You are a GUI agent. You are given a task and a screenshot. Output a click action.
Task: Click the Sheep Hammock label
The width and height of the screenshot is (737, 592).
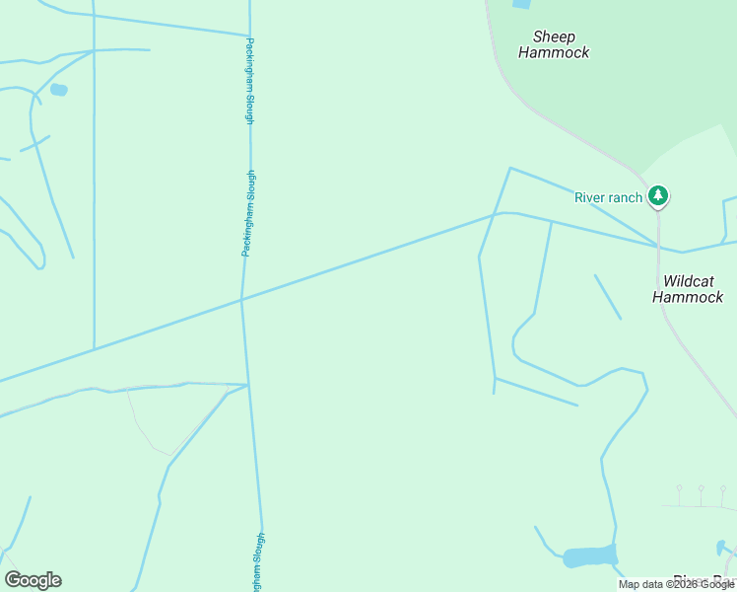tap(554, 45)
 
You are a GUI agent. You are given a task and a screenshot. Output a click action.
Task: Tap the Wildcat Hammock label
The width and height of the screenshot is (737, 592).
tap(688, 289)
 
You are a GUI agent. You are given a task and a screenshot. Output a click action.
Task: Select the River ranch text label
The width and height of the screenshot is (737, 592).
tap(608, 197)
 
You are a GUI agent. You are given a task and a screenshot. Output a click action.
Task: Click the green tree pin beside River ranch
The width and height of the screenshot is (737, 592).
tap(658, 196)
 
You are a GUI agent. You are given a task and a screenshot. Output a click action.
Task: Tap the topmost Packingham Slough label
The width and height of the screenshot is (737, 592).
tap(250, 81)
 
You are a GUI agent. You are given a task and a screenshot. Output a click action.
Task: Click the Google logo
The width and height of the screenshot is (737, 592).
tap(33, 580)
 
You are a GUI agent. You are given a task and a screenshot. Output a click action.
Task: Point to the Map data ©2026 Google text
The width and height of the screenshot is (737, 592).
tap(676, 585)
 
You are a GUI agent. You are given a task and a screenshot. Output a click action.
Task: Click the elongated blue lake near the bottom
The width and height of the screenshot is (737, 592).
tap(589, 556)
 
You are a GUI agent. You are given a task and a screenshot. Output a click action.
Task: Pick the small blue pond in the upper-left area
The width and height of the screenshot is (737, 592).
tap(59, 90)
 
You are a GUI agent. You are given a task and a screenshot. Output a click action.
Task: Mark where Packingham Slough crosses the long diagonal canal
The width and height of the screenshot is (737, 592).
tap(241, 299)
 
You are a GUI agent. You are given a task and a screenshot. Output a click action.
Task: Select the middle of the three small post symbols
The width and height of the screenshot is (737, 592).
tap(701, 489)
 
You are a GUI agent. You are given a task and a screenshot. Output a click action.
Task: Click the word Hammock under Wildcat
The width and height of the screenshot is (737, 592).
tap(688, 297)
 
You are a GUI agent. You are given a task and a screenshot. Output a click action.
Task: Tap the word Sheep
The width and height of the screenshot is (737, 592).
tap(553, 37)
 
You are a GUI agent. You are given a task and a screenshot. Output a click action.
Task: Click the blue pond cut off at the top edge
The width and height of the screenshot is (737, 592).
tap(521, 4)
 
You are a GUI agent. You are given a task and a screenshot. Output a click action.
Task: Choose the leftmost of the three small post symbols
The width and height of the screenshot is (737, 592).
tap(679, 489)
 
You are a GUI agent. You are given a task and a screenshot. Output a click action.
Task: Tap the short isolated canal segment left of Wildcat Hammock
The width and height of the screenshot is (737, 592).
tap(608, 297)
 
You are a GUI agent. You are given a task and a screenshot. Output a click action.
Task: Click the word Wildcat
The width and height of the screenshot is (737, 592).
tap(689, 281)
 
